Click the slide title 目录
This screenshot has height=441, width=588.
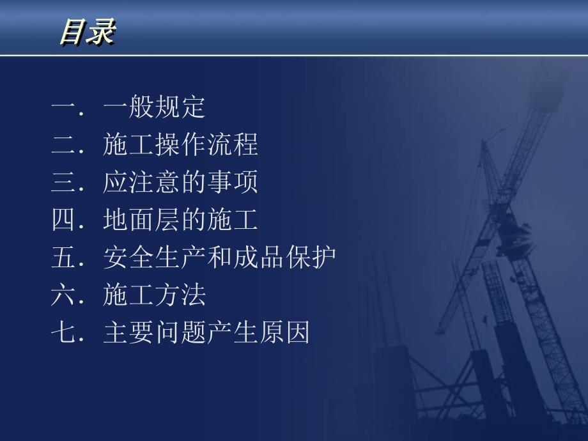point(87,32)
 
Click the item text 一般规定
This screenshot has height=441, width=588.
point(154,108)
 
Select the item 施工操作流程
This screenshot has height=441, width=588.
point(180,146)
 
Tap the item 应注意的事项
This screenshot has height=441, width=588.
point(180,183)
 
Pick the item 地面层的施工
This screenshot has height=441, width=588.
point(180,221)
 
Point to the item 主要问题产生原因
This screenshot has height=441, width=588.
point(206,333)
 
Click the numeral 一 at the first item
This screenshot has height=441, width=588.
point(64,108)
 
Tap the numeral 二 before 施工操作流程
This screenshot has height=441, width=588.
point(64,146)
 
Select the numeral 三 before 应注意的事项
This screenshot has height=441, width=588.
point(64,183)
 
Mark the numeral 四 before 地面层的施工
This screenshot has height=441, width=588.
point(64,221)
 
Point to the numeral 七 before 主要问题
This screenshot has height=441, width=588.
point(64,333)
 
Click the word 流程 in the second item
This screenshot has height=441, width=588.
point(233,146)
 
